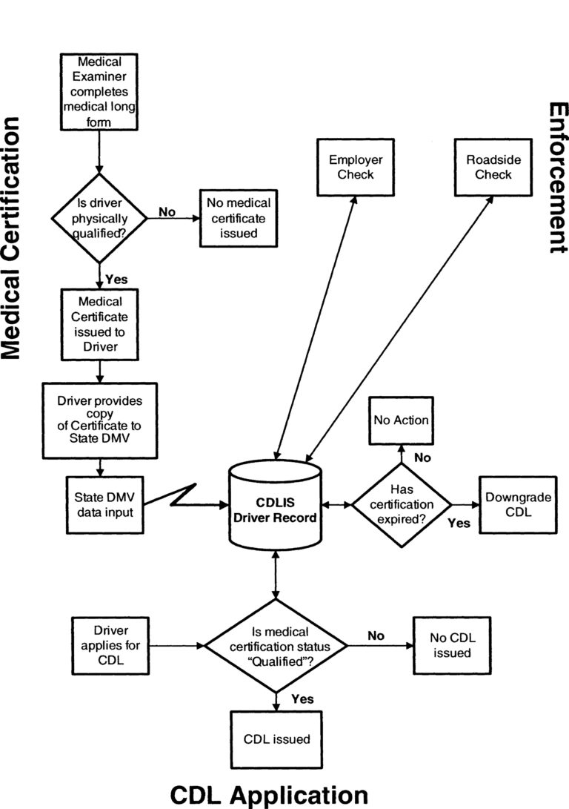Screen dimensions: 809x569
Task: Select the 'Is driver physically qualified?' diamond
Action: coord(99,218)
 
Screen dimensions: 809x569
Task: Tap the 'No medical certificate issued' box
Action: coord(237,218)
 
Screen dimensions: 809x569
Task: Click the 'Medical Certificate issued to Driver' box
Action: coord(99,324)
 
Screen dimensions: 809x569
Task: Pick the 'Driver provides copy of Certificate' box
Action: coord(99,420)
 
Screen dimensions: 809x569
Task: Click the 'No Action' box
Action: coord(401,420)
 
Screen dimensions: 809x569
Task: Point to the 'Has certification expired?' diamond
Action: coord(401,505)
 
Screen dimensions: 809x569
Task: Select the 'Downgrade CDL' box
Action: coord(518,504)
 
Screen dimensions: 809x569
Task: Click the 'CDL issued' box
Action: coord(276,739)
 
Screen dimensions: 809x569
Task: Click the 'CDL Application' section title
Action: coord(269,794)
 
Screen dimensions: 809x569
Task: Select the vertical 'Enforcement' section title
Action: coord(557,178)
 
